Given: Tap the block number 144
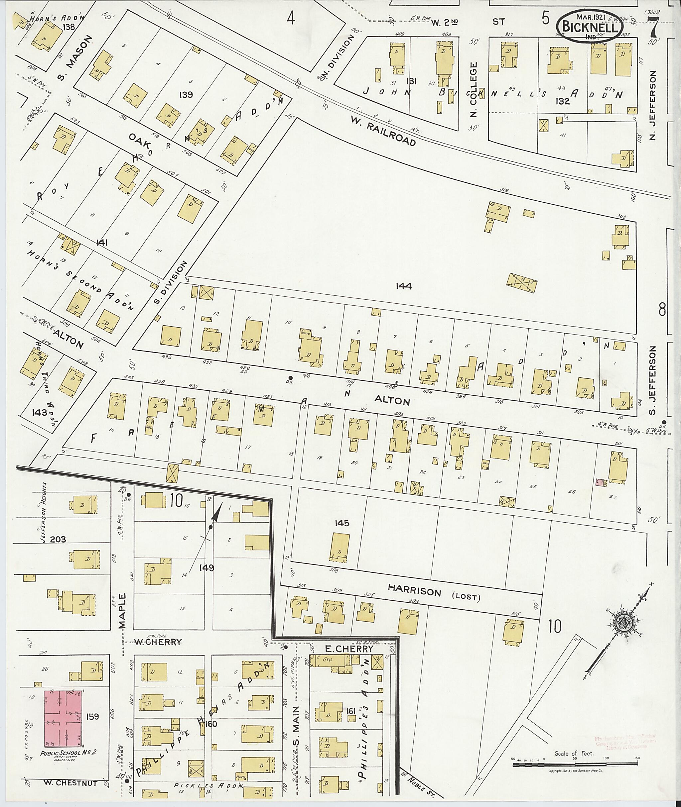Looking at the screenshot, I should (x=404, y=286).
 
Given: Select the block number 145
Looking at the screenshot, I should (x=342, y=523).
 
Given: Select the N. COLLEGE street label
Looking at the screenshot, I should (x=475, y=89).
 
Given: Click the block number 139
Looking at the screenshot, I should (x=187, y=94).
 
